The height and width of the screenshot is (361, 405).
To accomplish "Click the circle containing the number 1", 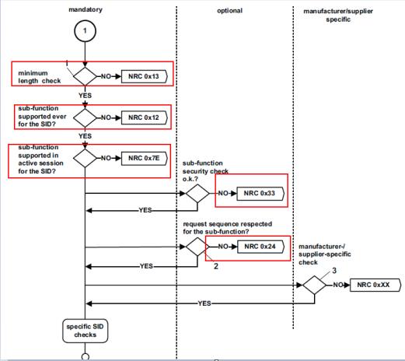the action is pos(85,31).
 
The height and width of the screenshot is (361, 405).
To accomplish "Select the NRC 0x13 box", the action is pos(145,76).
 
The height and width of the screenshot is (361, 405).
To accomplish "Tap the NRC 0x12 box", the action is pos(145,117).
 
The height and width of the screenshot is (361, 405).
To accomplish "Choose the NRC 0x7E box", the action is pos(145,158).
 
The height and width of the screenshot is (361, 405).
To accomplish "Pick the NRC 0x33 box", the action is pos(260,193).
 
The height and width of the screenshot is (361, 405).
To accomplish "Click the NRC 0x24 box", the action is pos(260,247).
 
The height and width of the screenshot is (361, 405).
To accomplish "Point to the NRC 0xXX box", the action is pos(375,285).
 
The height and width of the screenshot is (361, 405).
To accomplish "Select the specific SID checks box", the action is pos(85,331).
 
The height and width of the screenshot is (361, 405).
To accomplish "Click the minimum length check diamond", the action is pos(85,76).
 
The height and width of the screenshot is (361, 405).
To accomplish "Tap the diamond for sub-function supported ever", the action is pos(85,117).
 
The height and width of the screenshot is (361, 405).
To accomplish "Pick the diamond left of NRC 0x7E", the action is pos(85,158).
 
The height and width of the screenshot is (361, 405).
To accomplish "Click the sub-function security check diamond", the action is pos(197,193).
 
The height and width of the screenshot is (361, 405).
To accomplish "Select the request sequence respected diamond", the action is pos(197,247).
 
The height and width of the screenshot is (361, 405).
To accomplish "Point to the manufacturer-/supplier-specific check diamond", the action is pos(315,285).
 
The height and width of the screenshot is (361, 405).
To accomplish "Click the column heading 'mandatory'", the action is pos(86,10).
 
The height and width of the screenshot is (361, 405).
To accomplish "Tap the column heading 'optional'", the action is pos(229,11).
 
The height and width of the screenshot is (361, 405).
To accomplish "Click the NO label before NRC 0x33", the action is pos(223,193).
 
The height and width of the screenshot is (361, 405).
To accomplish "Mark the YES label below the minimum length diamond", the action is pos(85,96).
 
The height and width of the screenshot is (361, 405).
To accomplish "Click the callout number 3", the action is pos(334,271).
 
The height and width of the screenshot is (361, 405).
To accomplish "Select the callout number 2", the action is pos(216,266).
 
